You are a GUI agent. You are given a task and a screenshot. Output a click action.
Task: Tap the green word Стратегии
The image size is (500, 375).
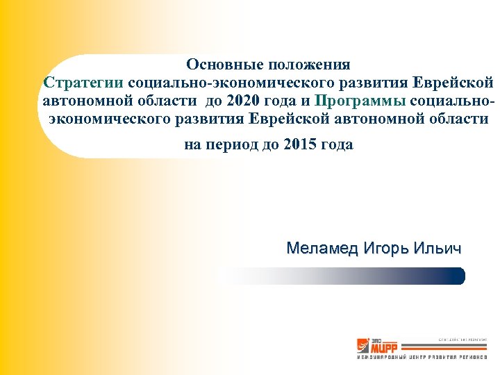83,83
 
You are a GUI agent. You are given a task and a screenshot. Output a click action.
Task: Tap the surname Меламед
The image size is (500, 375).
320,248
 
